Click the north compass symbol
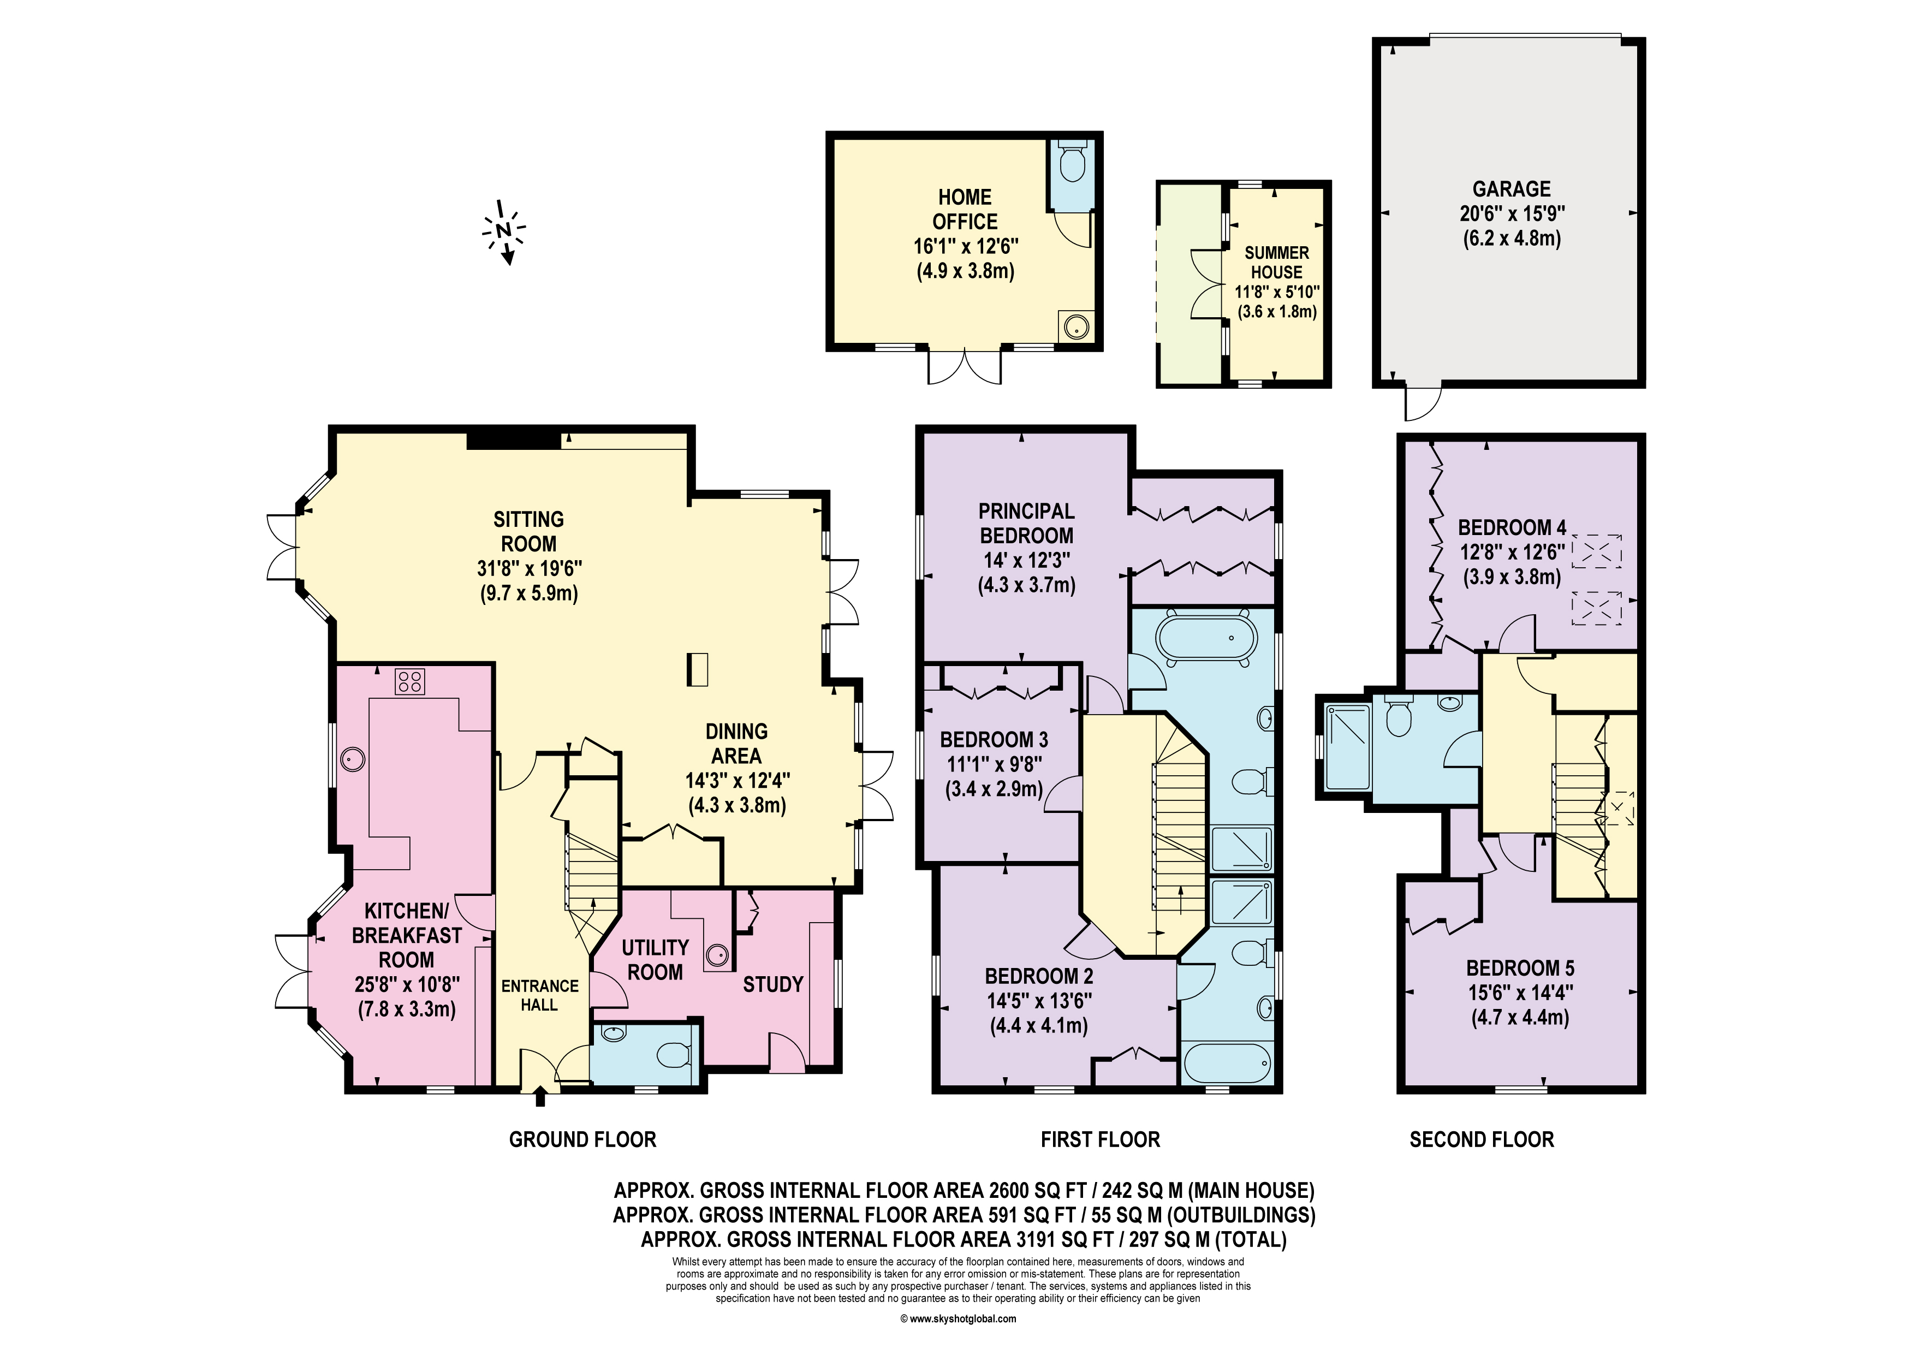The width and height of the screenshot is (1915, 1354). (x=503, y=232)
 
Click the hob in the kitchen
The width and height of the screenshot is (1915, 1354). (x=409, y=681)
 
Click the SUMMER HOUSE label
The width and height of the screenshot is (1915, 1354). (x=1276, y=262)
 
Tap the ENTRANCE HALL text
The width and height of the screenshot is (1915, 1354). (x=540, y=995)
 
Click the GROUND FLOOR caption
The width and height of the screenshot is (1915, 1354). (x=582, y=1139)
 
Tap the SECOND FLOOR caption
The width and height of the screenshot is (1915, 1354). (x=1482, y=1139)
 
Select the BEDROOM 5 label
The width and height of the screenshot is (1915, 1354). (x=1520, y=968)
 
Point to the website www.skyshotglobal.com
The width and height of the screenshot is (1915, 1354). (x=959, y=1319)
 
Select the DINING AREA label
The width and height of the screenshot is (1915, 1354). (x=736, y=743)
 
